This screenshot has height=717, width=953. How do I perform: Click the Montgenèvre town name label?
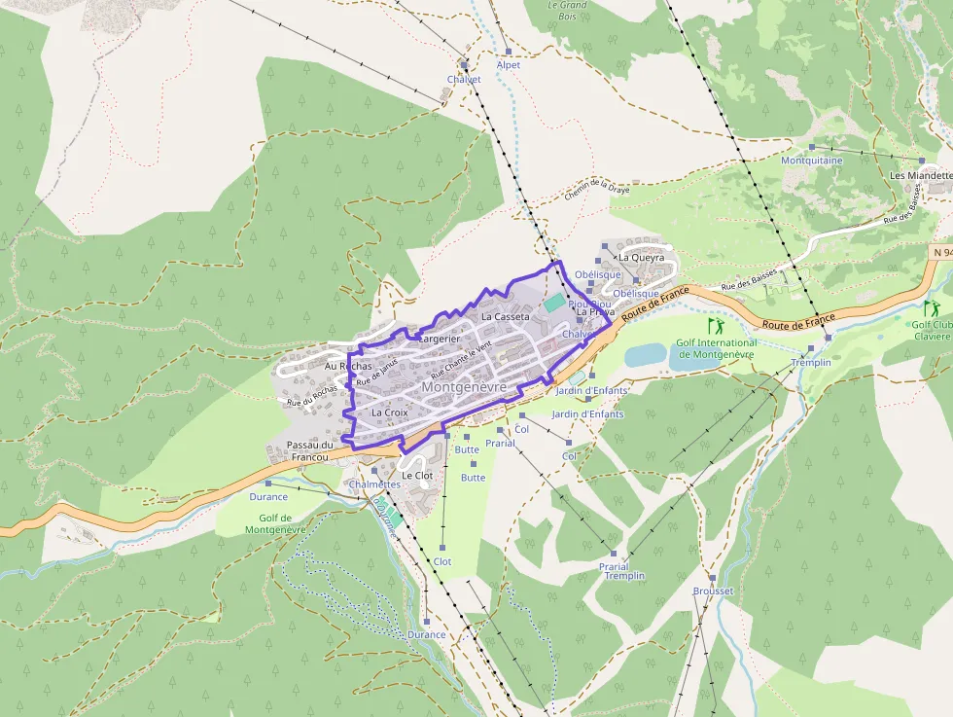tap(464, 387)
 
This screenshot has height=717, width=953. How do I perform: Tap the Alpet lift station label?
tap(508, 65)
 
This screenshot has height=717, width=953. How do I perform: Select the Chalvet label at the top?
tap(464, 80)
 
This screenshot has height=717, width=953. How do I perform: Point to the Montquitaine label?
tap(812, 161)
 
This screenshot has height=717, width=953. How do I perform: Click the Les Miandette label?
tap(921, 175)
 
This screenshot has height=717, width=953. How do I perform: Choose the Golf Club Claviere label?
tap(932, 331)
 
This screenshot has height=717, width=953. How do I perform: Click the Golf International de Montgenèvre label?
tap(717, 348)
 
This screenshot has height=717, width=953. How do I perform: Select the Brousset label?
tap(713, 591)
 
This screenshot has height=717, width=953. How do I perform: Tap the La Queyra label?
tap(641, 258)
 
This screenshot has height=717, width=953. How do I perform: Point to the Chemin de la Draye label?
tap(597, 191)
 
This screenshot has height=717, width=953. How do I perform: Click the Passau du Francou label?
tap(310, 450)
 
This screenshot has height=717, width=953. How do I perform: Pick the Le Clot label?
tap(416, 476)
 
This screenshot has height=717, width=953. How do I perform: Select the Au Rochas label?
tap(348, 366)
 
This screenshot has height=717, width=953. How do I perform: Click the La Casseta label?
tap(506, 317)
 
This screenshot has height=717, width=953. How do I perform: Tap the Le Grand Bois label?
tap(568, 10)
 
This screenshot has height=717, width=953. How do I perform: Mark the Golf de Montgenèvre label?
tap(275, 523)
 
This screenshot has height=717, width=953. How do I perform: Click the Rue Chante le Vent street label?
tap(462, 359)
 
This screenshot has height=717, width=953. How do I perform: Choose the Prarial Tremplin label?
tap(619, 571)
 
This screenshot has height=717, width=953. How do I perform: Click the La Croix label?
tap(390, 412)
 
